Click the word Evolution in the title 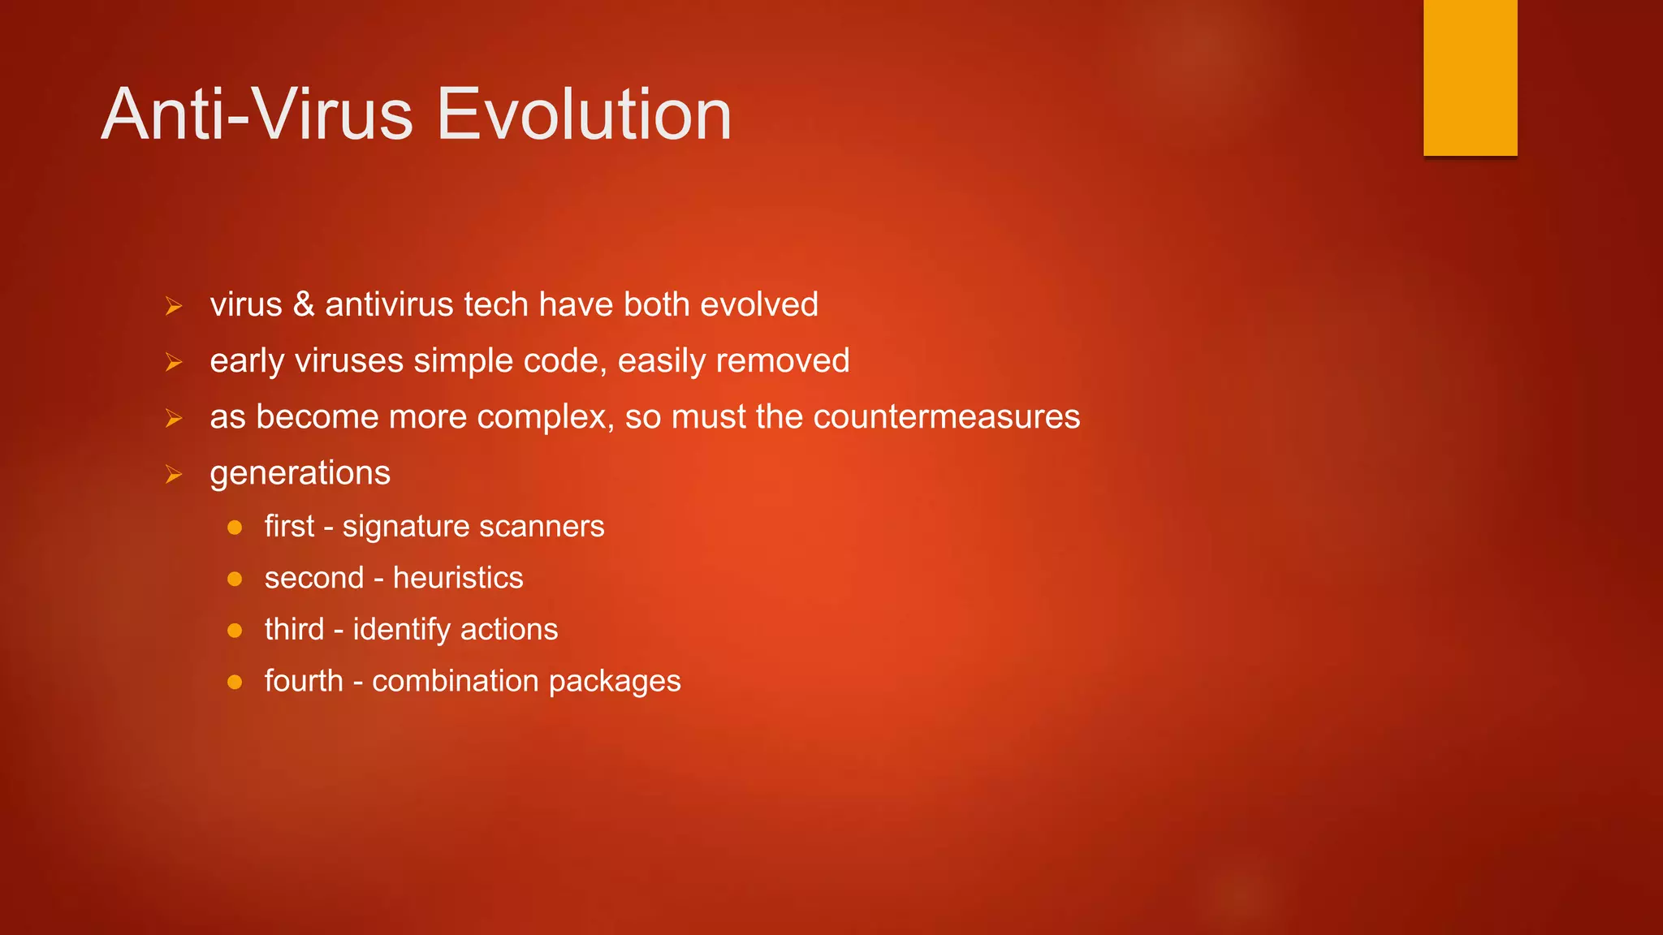click(x=584, y=114)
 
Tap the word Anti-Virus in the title click(x=257, y=114)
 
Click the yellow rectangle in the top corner click(x=1470, y=77)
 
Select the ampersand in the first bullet click(x=304, y=304)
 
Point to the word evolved click(x=758, y=304)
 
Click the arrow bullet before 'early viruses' click(x=173, y=362)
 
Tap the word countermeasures click(x=946, y=416)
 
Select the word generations click(x=300, y=473)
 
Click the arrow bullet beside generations click(x=173, y=474)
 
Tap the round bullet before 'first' click(x=235, y=528)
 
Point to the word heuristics click(x=458, y=578)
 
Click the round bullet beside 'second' click(x=235, y=579)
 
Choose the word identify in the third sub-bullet click(x=401, y=630)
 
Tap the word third click(x=294, y=630)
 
